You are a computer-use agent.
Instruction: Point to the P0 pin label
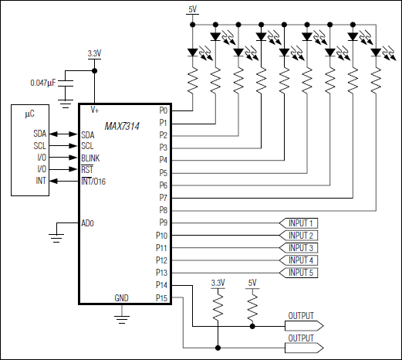click(163, 110)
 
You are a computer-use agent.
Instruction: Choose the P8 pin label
click(163, 210)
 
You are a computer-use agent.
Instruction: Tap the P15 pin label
click(161, 298)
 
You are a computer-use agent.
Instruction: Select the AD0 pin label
click(88, 223)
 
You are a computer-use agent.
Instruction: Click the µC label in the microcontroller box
click(29, 114)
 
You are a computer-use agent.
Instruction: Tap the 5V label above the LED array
click(193, 8)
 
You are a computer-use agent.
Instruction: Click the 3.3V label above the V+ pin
click(94, 53)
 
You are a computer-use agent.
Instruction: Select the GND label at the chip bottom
click(122, 298)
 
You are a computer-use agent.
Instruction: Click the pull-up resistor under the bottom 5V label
click(252, 309)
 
